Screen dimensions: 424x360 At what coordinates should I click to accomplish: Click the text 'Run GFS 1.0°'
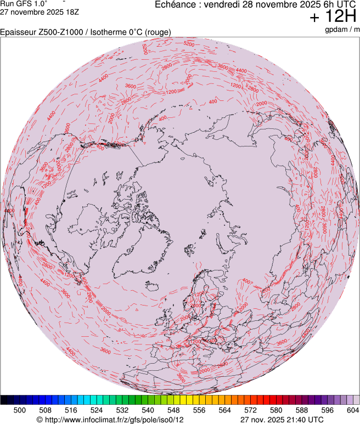[x=24, y=3]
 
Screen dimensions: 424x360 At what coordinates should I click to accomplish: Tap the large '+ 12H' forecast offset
[x=334, y=18]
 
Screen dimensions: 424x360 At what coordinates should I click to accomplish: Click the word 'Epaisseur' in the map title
[x=18, y=32]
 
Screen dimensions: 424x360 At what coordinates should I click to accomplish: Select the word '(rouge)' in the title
[x=157, y=32]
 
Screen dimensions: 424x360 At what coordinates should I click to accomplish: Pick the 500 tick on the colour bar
[x=20, y=410]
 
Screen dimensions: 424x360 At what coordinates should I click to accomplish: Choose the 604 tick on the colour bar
[x=352, y=410]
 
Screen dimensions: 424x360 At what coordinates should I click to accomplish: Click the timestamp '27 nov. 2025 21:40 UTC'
[x=282, y=420]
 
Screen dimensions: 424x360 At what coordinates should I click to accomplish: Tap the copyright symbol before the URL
[x=39, y=420]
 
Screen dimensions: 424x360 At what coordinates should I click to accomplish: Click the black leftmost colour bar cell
[x=4, y=400]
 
